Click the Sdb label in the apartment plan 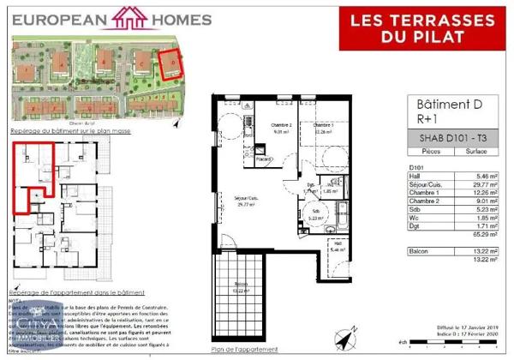coord(316,211)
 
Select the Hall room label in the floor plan coord(339,245)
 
